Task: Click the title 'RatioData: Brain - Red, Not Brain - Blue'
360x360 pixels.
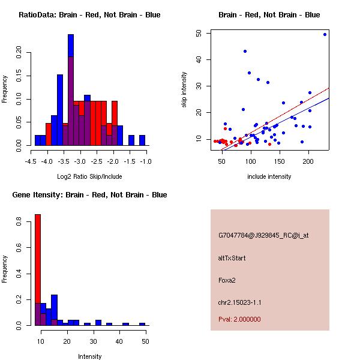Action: coord(89,15)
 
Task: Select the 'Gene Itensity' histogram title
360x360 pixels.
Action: coord(89,195)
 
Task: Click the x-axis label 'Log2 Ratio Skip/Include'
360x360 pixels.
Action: coord(89,176)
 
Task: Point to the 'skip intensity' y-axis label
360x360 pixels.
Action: coord(184,90)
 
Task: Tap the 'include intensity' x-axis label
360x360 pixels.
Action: coord(269,176)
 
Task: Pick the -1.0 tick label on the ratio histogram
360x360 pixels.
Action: coord(146,161)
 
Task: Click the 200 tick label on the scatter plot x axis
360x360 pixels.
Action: coord(308,161)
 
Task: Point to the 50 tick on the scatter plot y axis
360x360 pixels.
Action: coord(198,34)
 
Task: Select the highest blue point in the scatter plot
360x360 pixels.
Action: coord(325,34)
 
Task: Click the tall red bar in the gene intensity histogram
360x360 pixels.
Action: coord(37,270)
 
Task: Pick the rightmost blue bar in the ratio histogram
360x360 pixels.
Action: coord(142,140)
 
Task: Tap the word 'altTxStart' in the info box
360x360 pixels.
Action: coord(232,258)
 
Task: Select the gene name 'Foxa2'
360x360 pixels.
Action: coord(227,280)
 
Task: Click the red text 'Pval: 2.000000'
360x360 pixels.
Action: coord(239,319)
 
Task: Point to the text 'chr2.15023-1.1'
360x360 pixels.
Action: coord(239,302)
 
